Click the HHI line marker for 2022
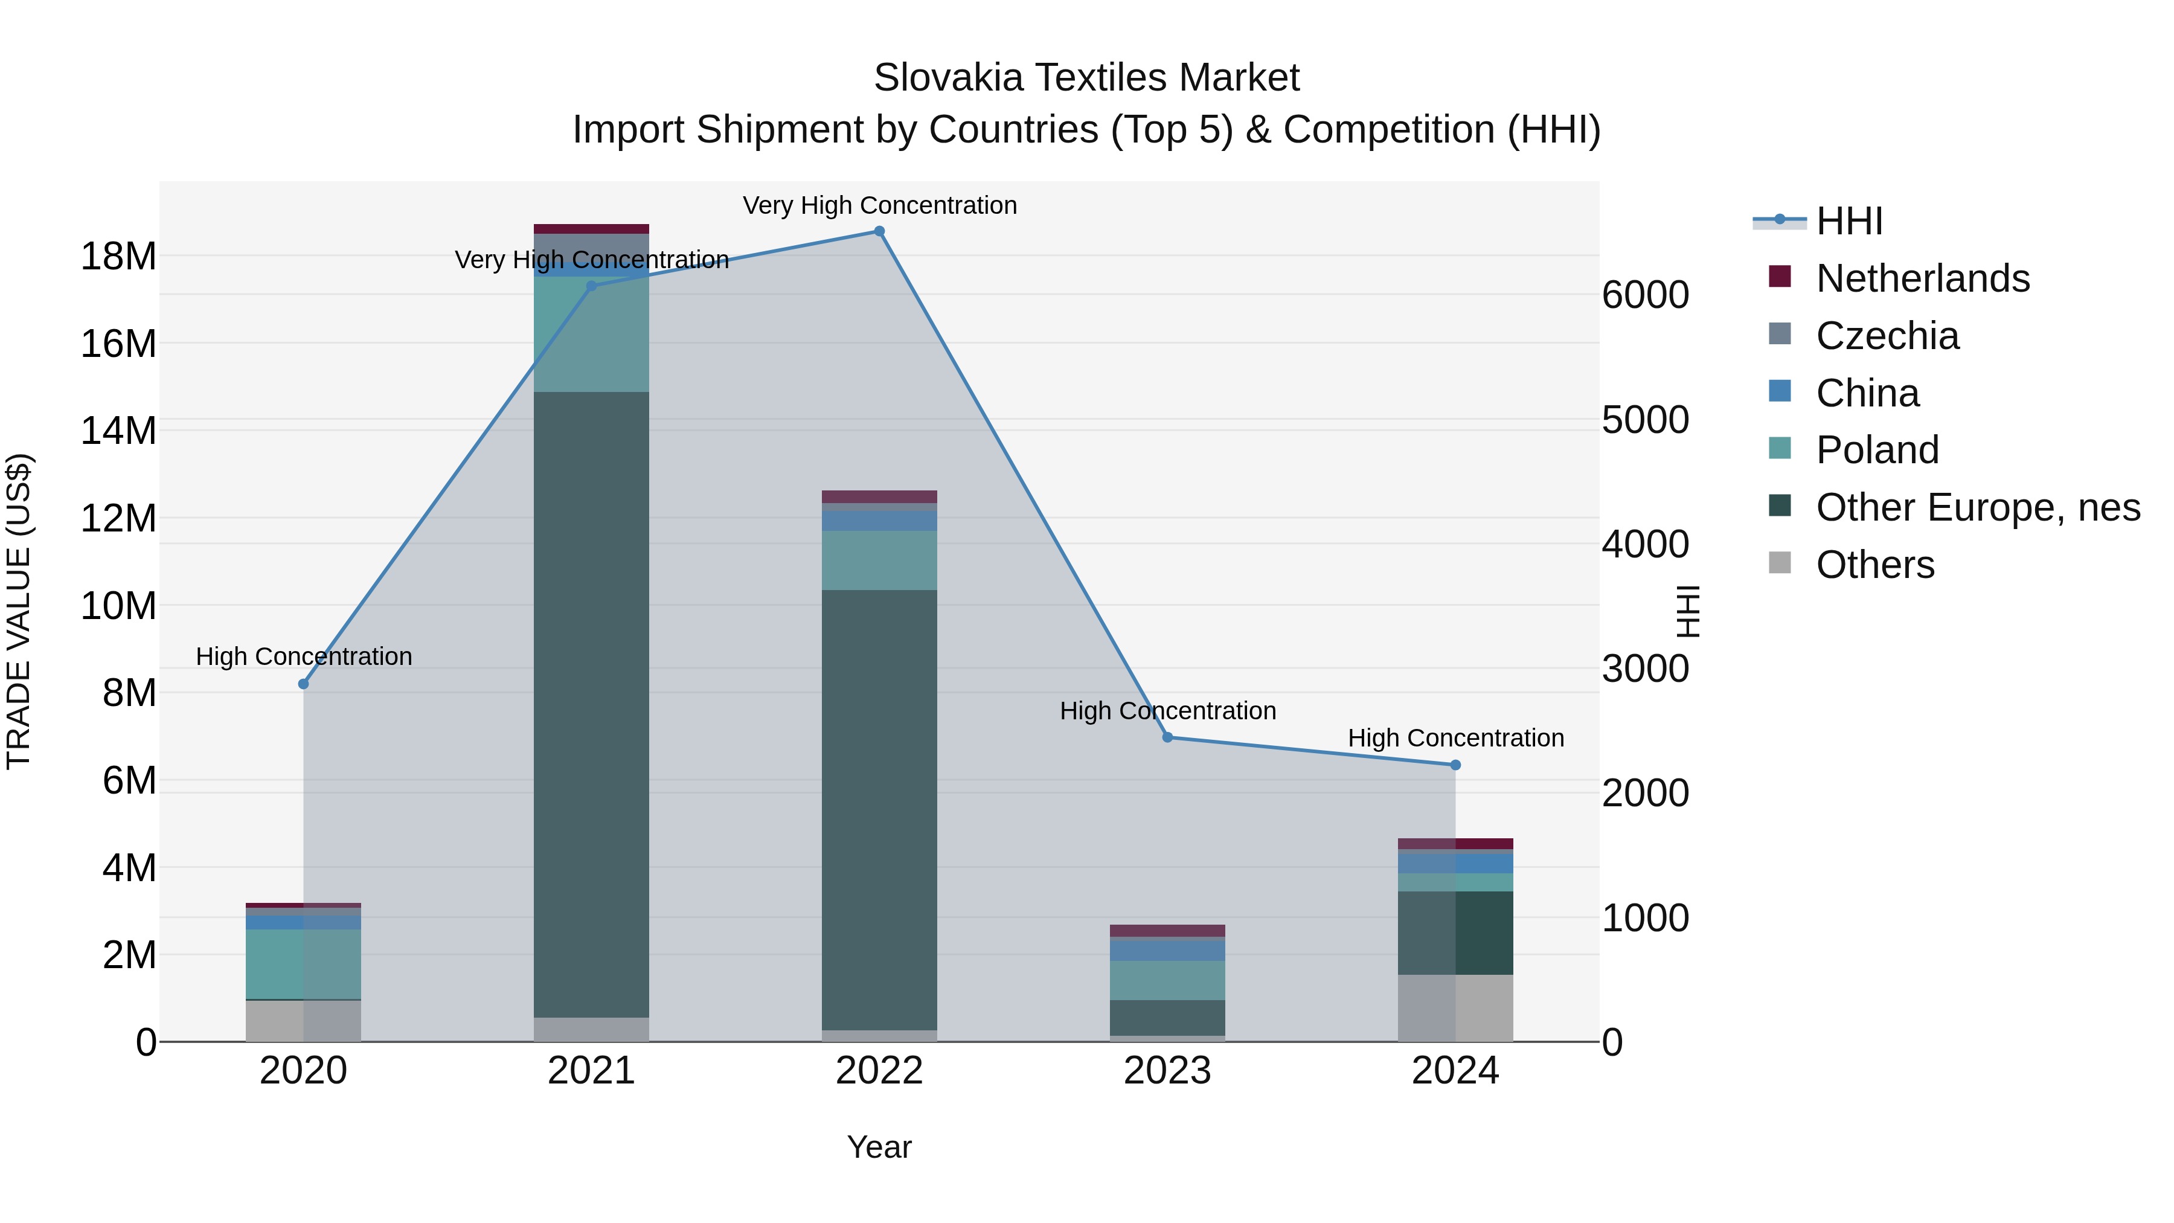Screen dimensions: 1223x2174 coord(879,231)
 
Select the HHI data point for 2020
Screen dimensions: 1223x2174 coord(304,684)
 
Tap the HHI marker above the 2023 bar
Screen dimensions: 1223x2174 coord(1167,737)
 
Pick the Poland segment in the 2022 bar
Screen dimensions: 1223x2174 coord(879,560)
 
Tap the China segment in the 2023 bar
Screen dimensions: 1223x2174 coord(1167,949)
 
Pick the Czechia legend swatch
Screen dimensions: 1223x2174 coord(1779,334)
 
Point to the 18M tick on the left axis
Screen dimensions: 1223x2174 coord(118,255)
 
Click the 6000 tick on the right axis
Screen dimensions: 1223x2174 coord(1646,295)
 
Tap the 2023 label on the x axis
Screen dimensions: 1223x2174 coord(1167,1071)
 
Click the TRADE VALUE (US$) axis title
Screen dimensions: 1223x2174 coord(19,611)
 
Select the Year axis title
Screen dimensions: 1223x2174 coord(879,1147)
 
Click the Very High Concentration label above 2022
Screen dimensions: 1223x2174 coord(879,205)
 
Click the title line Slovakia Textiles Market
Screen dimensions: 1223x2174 coord(1086,78)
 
